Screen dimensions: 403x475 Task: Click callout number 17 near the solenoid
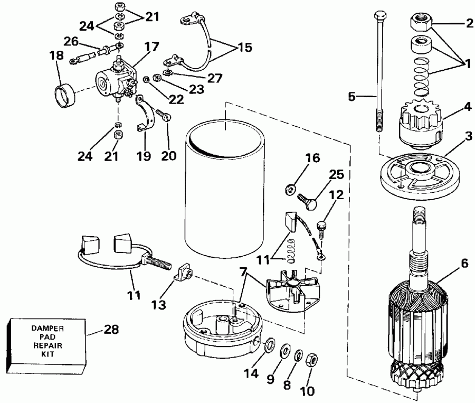(x=152, y=46)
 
